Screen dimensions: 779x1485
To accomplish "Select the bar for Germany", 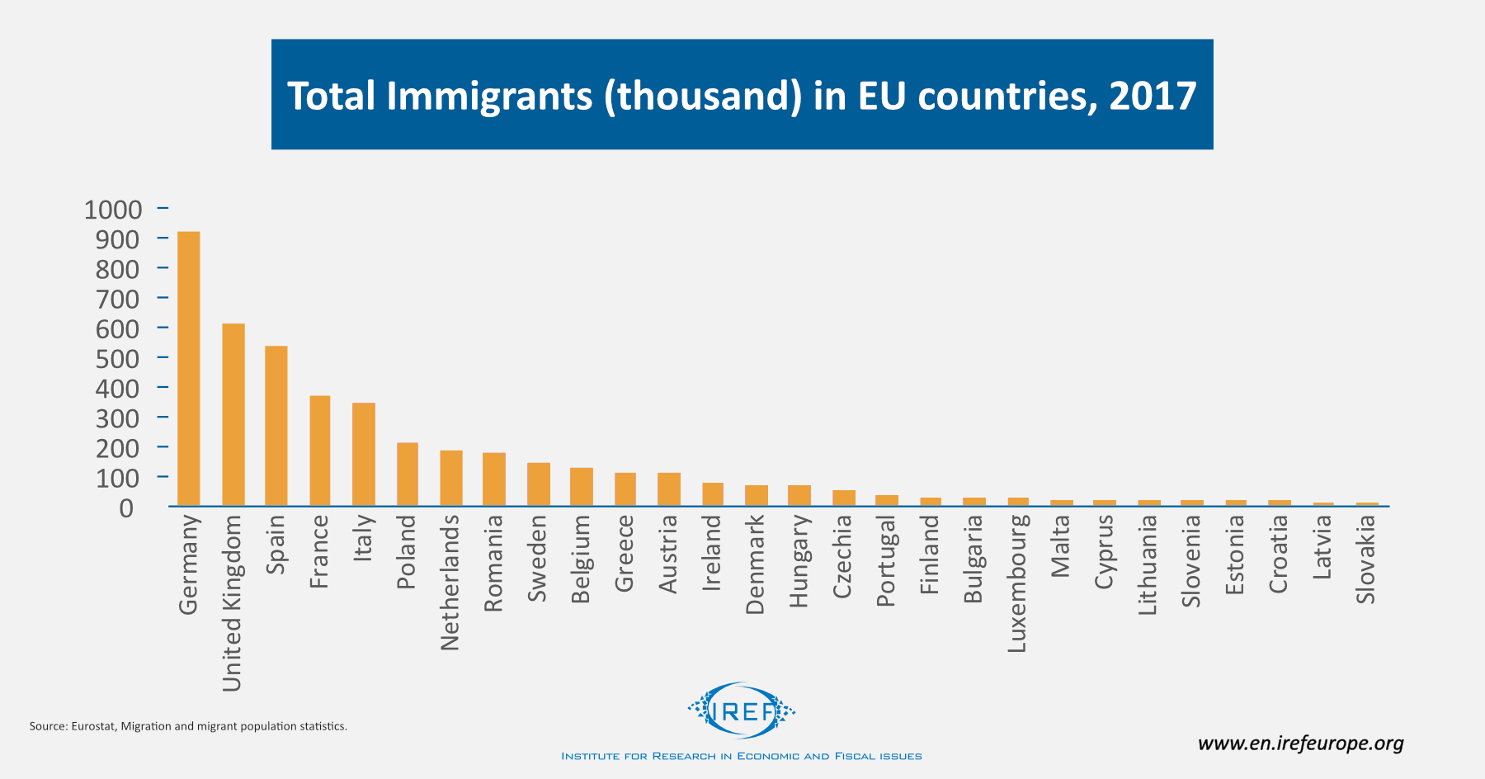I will (x=188, y=369).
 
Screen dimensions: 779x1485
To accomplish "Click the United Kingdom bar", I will (x=233, y=414).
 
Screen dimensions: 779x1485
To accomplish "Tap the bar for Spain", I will (x=276, y=426).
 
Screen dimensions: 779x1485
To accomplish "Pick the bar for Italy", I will (x=364, y=454).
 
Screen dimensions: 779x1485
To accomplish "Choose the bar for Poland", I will (x=408, y=474).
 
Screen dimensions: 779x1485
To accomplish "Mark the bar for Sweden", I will (x=539, y=484).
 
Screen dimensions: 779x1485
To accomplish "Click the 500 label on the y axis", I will (x=117, y=359).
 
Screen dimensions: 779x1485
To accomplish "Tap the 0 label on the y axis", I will (x=126, y=508).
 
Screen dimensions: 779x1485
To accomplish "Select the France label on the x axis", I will (x=319, y=551).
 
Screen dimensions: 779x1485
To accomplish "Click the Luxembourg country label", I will (x=1017, y=583).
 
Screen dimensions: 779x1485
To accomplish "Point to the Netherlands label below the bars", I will (x=450, y=582).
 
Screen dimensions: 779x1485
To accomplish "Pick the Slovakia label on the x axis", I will (x=1366, y=559).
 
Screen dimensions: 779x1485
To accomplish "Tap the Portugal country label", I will (x=886, y=560).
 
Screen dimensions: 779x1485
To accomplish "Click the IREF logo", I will (x=742, y=710).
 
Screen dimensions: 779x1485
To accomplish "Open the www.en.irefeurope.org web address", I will (x=1300, y=744).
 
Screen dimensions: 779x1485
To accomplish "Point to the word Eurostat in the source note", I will (x=94, y=726).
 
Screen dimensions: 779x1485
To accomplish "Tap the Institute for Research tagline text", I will (x=741, y=756).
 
